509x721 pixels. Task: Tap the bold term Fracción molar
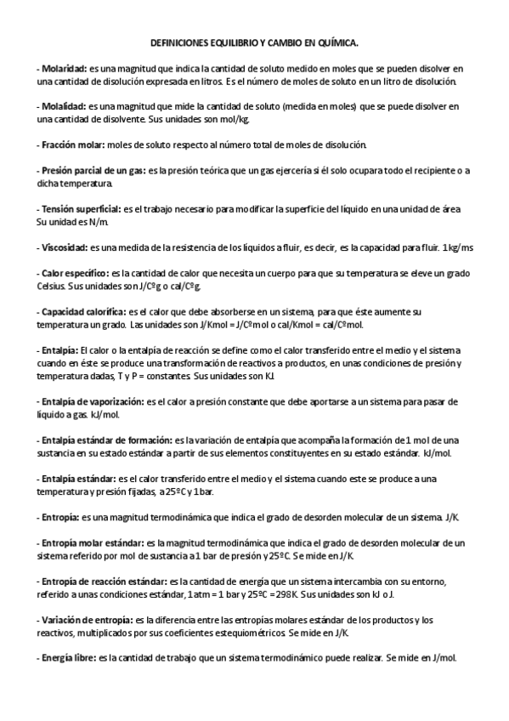74,145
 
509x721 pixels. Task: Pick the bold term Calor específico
74,274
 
